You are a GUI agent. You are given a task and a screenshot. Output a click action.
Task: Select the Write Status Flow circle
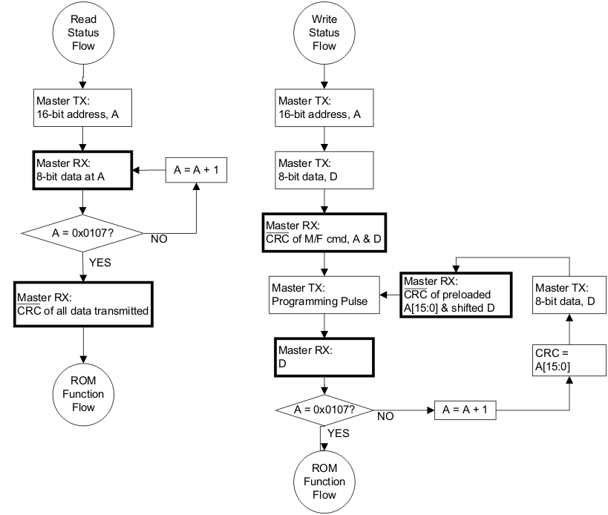[324, 33]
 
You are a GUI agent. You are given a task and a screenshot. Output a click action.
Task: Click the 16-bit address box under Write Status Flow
[324, 110]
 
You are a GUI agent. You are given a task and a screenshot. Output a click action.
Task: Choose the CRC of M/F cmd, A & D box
[324, 234]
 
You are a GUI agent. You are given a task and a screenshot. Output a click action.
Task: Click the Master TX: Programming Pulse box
[324, 295]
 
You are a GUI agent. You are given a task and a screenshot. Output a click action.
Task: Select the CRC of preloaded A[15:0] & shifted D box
[455, 295]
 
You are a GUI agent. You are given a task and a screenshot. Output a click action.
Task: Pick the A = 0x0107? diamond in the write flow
[324, 409]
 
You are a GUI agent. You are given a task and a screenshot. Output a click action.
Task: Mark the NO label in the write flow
[385, 417]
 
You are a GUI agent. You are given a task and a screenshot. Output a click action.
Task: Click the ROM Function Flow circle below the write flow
[324, 481]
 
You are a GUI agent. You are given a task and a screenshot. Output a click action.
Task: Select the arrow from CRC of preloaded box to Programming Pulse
[390, 295]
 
